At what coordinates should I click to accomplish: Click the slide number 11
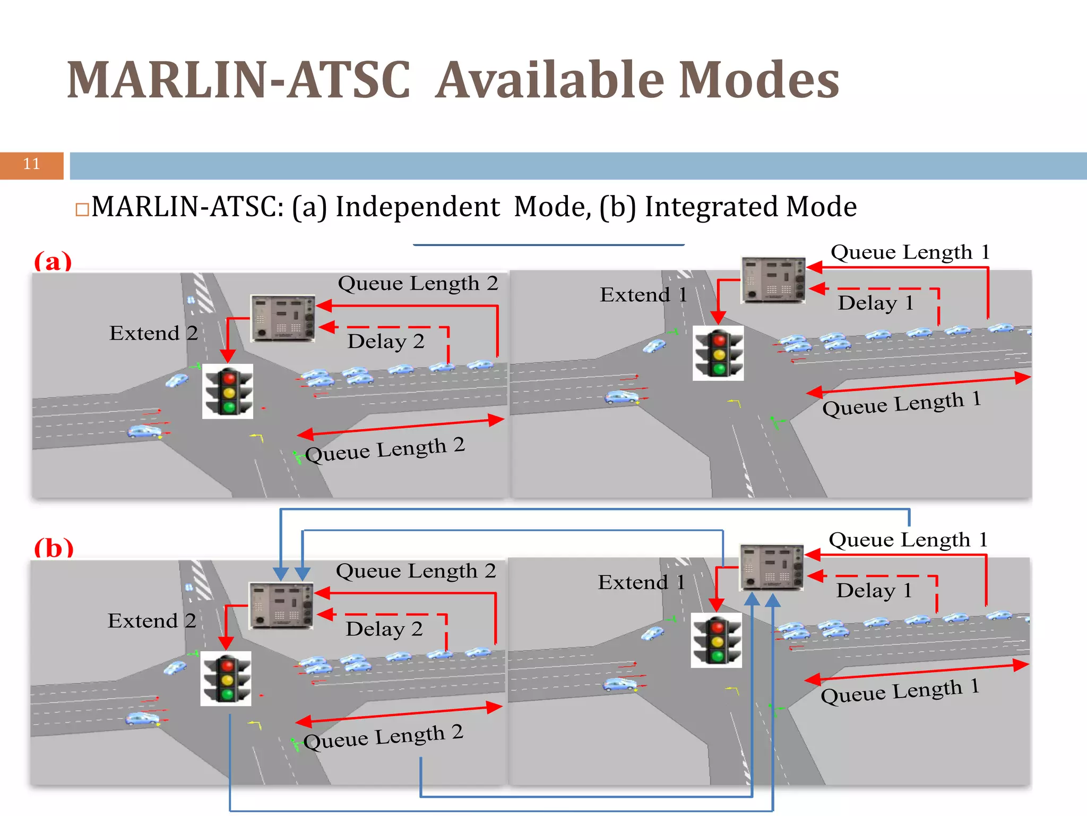tap(31, 164)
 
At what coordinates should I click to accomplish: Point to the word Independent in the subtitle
tap(418, 207)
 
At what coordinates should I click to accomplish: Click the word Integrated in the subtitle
tap(711, 207)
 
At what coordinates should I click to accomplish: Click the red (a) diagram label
tap(53, 262)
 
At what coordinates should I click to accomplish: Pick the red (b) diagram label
tap(54, 548)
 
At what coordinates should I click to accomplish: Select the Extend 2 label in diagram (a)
tap(153, 333)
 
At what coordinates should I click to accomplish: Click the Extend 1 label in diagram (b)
tap(641, 582)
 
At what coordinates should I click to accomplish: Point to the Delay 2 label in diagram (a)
tap(386, 341)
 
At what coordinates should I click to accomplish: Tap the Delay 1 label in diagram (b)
tap(874, 590)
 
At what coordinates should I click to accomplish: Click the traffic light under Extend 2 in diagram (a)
tap(228, 392)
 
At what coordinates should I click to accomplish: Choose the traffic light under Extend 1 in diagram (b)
tap(717, 640)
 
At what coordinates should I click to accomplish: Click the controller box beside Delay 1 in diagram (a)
tap(773, 279)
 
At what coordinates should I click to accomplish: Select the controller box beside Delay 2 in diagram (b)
tap(281, 606)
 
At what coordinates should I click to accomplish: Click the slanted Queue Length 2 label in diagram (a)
tap(385, 450)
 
